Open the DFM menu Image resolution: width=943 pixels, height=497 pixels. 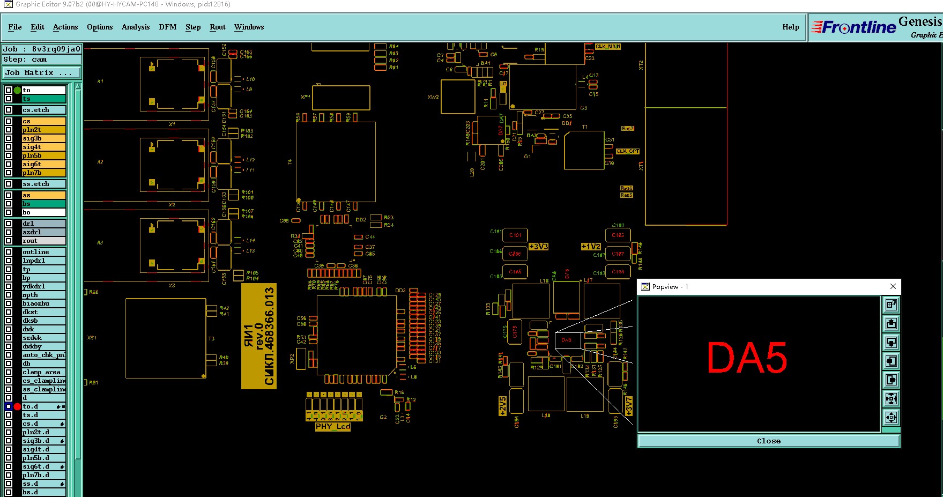click(167, 27)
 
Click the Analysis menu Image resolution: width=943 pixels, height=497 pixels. click(135, 27)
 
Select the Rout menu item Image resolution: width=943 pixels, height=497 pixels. click(217, 27)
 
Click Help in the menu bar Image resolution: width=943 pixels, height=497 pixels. click(790, 27)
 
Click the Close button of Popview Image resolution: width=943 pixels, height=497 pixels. click(768, 441)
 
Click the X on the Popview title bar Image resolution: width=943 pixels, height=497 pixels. click(893, 286)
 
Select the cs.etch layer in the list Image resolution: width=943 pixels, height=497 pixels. click(43, 110)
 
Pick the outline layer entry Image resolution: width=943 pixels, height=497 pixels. click(43, 252)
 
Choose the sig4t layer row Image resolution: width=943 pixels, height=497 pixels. click(43, 147)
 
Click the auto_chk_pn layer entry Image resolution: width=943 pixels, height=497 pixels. click(43, 355)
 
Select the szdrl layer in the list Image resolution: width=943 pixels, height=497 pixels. click(43, 232)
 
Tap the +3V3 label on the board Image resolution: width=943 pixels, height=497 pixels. click(538, 247)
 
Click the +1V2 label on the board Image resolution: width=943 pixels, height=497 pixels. click(591, 247)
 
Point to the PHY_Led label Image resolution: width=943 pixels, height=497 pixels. click(332, 427)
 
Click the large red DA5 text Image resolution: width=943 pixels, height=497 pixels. click(747, 359)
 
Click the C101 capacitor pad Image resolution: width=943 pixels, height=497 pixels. click(515, 235)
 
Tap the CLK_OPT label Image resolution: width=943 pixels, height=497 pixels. click(627, 151)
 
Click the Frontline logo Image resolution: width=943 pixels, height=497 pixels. click(854, 27)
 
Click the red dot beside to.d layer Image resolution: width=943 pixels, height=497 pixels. click(17, 406)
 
